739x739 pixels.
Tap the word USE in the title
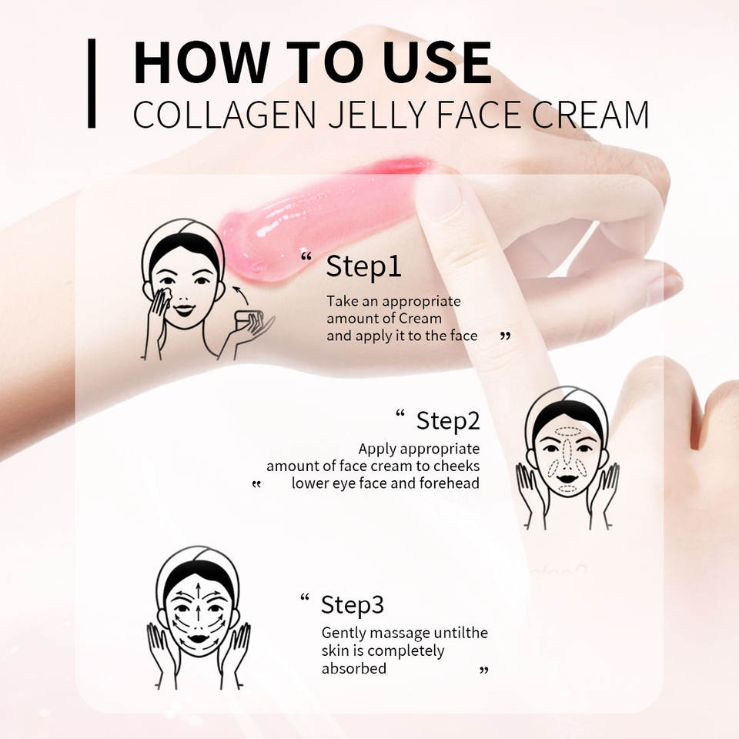tap(437, 62)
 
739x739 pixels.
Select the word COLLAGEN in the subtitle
tap(224, 115)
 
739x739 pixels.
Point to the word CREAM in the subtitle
tap(590, 115)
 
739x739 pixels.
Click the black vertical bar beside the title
tap(92, 83)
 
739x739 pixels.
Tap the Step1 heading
tap(363, 267)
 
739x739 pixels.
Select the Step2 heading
tap(448, 421)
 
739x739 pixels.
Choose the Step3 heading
tap(352, 605)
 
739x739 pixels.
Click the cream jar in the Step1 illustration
tap(249, 319)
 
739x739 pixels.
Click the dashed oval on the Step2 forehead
tap(567, 431)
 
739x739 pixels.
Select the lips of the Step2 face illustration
tap(568, 479)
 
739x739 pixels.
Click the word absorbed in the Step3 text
tap(354, 668)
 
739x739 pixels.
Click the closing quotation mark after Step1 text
tap(505, 336)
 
